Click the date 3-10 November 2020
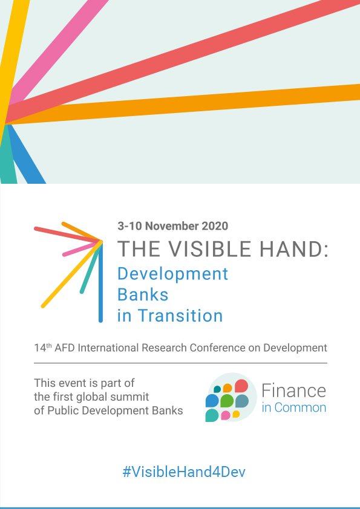click(x=173, y=226)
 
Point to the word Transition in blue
click(x=180, y=316)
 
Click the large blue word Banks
click(x=143, y=295)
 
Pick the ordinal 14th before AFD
click(x=43, y=348)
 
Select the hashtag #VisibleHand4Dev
click(x=184, y=472)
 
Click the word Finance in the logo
click(x=293, y=391)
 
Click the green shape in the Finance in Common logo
click(x=227, y=401)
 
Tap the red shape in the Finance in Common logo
click(x=241, y=386)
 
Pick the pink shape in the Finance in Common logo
click(x=226, y=415)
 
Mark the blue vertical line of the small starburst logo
click(x=100, y=282)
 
